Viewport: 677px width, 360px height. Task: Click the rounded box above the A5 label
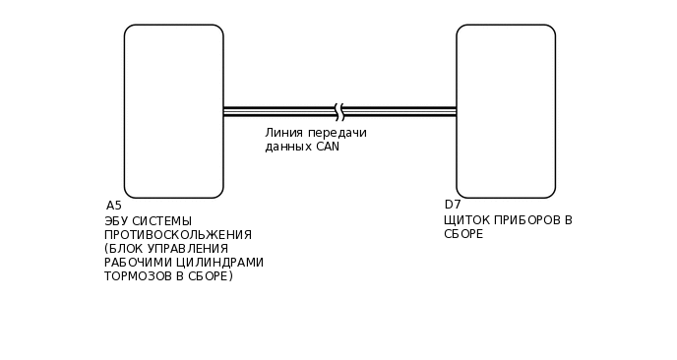tap(173, 111)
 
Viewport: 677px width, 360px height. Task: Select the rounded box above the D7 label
tap(506, 111)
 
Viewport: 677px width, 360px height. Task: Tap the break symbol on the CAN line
tap(339, 111)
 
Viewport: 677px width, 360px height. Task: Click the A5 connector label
tap(114, 206)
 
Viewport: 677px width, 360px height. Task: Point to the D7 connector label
tap(453, 206)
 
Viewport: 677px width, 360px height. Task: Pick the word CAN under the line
tap(327, 147)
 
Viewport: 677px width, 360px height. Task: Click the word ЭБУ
tap(116, 220)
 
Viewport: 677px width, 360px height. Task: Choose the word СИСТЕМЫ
tap(162, 220)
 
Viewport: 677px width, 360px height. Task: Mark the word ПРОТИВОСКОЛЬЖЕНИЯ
tap(178, 234)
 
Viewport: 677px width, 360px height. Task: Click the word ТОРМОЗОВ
tap(136, 276)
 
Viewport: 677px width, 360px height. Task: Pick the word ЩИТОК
tap(466, 220)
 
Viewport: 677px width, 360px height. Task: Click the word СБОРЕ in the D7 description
tap(463, 234)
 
